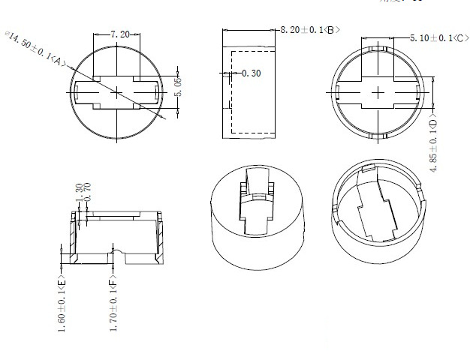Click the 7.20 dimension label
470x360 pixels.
120,34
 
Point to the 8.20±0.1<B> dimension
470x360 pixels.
310,29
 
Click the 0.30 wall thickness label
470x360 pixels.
252,73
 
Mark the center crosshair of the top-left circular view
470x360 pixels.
118,91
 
